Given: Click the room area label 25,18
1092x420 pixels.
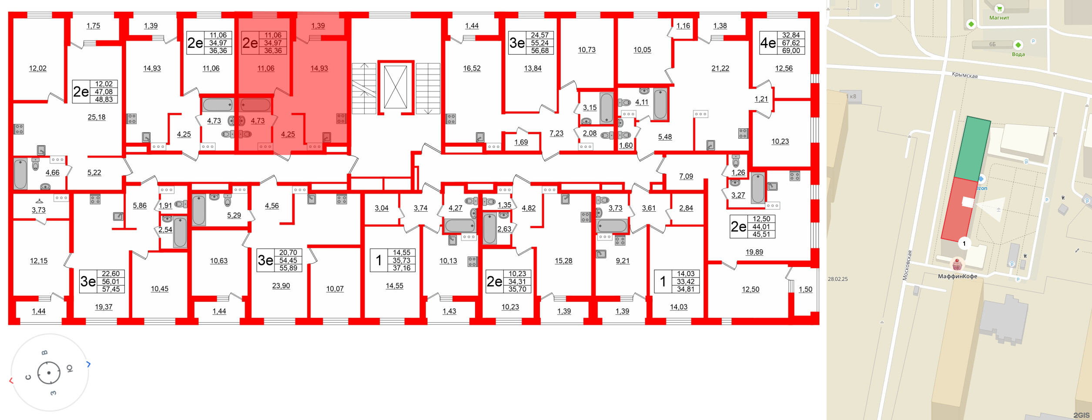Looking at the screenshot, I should pos(97,117).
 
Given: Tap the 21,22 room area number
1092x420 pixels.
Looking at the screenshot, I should pos(720,68).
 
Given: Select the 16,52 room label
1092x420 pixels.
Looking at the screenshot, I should pos(472,68).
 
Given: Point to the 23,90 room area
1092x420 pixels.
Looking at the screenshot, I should pos(281,286).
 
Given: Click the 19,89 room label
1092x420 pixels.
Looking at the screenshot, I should pos(754,252).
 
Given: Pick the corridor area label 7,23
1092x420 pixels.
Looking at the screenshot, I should pos(556,133).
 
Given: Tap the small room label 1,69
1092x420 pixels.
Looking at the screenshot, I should pos(521,142).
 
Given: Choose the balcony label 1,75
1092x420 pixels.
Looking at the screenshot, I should pos(93,26).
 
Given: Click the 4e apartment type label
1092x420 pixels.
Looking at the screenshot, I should pos(768,43).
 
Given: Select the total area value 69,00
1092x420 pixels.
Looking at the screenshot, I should pos(791,50).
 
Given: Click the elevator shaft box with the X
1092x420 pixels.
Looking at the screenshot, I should pos(395,87).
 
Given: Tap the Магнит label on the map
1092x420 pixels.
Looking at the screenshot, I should pos(999,18).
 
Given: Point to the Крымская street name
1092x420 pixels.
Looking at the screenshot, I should pos(965,75).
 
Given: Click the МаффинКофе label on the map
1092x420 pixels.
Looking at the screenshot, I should pos(958,276).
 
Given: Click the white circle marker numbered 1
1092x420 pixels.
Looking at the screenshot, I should pos(965,243).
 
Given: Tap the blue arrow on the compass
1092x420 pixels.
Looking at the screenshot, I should pos(88,364).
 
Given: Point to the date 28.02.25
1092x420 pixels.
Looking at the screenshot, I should pos(838,279).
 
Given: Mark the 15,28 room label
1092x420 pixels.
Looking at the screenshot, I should pos(563,261).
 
